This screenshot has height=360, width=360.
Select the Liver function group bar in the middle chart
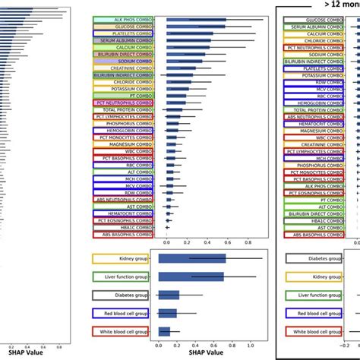click(x=191, y=277)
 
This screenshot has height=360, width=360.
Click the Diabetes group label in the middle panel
click(x=120, y=295)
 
